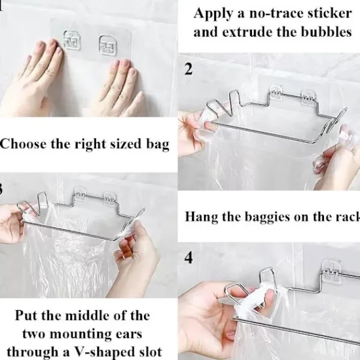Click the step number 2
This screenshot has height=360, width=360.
point(188,69)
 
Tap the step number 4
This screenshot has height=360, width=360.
point(188,257)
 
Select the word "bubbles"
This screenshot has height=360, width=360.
point(326,32)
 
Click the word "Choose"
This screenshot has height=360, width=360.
point(23,144)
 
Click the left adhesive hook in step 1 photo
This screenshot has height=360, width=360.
point(72,40)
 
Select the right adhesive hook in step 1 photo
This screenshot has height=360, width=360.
point(107,45)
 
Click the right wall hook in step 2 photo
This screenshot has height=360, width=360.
point(308,97)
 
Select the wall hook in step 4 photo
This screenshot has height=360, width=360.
point(332,272)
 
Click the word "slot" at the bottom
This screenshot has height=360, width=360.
point(150,352)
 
